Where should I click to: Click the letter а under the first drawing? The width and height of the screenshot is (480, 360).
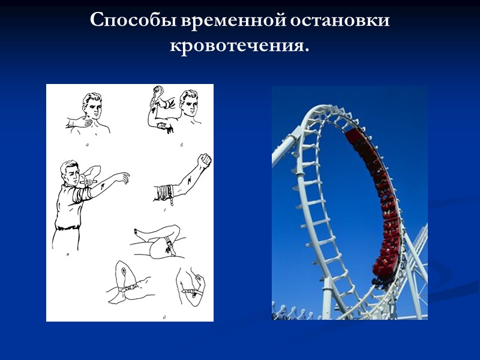click(88, 145)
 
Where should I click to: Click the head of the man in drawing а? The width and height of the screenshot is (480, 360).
click(93, 104)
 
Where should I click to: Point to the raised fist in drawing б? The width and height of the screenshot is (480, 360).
click(158, 91)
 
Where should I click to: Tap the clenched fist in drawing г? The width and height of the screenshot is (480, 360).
click(205, 161)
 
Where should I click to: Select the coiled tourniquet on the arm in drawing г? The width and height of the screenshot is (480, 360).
click(163, 191)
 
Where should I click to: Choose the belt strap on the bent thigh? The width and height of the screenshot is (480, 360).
click(166, 246)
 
